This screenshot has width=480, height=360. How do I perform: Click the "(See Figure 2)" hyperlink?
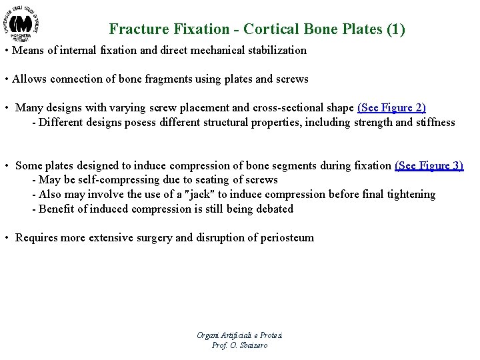[391, 108]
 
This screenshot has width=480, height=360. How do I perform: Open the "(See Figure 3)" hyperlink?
[429, 165]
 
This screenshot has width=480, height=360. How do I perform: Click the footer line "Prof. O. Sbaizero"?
[239, 345]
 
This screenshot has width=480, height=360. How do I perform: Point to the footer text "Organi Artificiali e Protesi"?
[239, 335]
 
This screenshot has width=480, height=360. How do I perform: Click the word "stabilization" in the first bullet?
[274, 50]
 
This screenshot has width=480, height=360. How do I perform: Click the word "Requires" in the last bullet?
[37, 237]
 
